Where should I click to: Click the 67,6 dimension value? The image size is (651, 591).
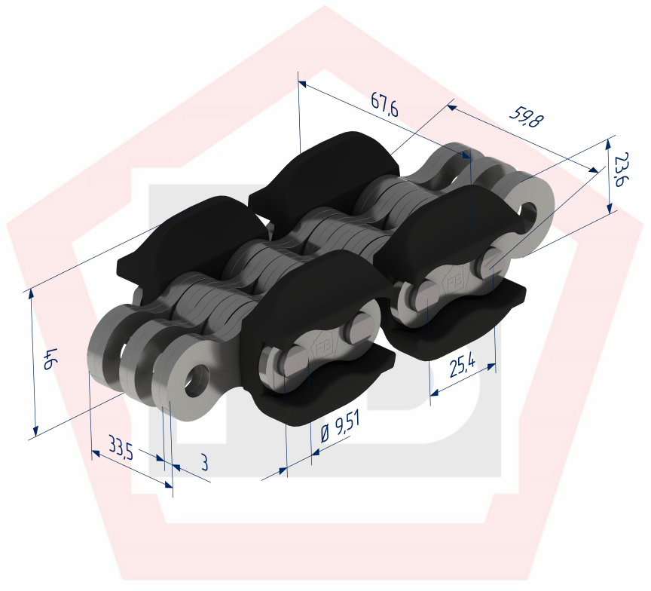[384, 106]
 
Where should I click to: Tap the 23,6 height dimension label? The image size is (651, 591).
[622, 170]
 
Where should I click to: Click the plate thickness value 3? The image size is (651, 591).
[203, 463]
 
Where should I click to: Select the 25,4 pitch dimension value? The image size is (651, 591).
[461, 367]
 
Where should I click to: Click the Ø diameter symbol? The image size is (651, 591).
[324, 435]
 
